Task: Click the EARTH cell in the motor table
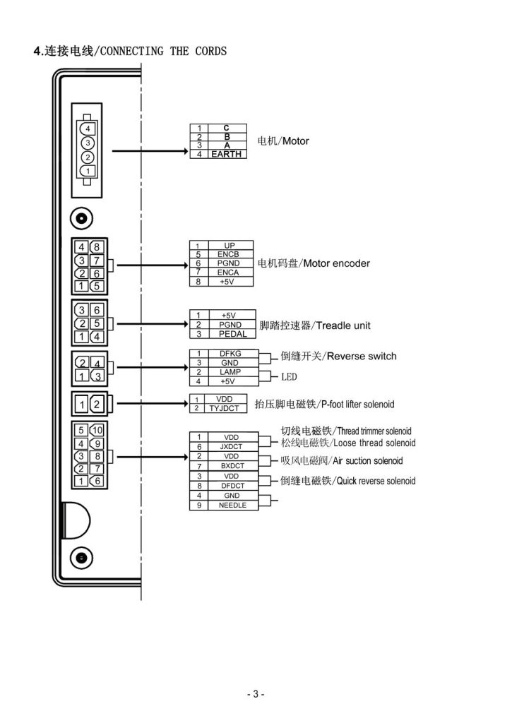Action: tap(227, 155)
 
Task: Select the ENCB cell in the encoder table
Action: tap(228, 254)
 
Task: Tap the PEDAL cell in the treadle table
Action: tap(232, 334)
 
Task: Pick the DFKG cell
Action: tap(230, 354)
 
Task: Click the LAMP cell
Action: tap(230, 372)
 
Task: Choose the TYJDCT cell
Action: tap(224, 408)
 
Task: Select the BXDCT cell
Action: tap(232, 466)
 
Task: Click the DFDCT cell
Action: tap(232, 486)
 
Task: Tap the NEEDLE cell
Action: tap(232, 506)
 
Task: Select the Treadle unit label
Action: tap(343, 325)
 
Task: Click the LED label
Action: tap(290, 377)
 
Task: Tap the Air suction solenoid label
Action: tap(368, 460)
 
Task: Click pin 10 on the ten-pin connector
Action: tap(97, 430)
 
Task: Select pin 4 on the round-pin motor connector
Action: tap(88, 129)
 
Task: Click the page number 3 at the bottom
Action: tap(256, 694)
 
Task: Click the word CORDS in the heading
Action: tap(210, 51)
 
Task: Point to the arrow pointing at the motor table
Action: tap(150, 151)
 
